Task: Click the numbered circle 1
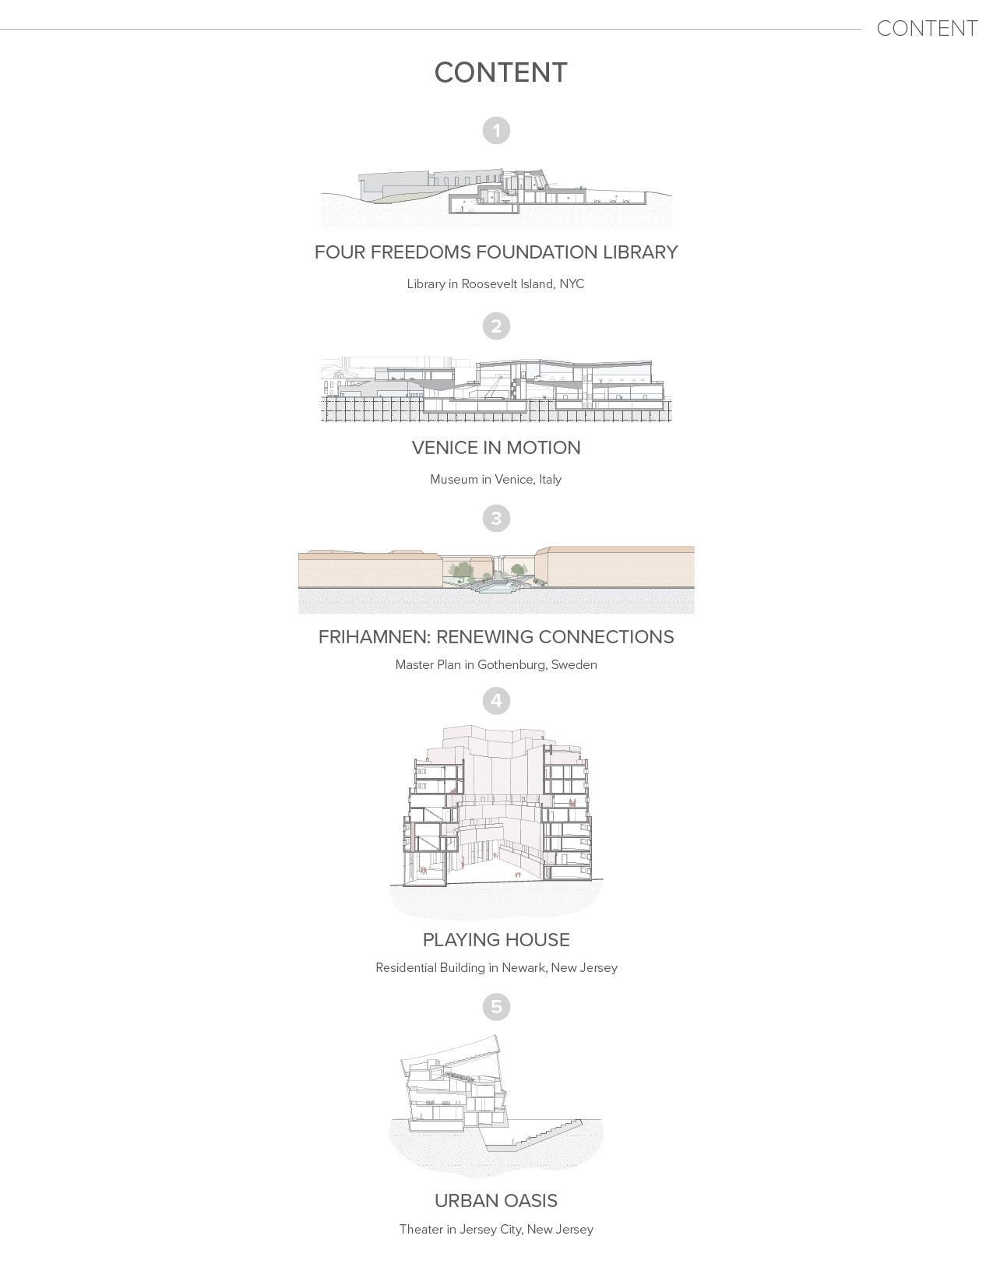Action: (x=496, y=130)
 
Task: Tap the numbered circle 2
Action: (x=496, y=326)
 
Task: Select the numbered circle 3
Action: (x=496, y=518)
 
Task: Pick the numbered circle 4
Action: (x=496, y=701)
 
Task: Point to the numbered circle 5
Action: (x=496, y=1006)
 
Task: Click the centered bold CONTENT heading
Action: (x=501, y=72)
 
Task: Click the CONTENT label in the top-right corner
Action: (x=927, y=29)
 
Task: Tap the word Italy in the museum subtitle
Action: (x=550, y=479)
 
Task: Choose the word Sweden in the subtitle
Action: (x=574, y=664)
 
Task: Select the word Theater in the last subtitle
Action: (x=421, y=1229)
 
